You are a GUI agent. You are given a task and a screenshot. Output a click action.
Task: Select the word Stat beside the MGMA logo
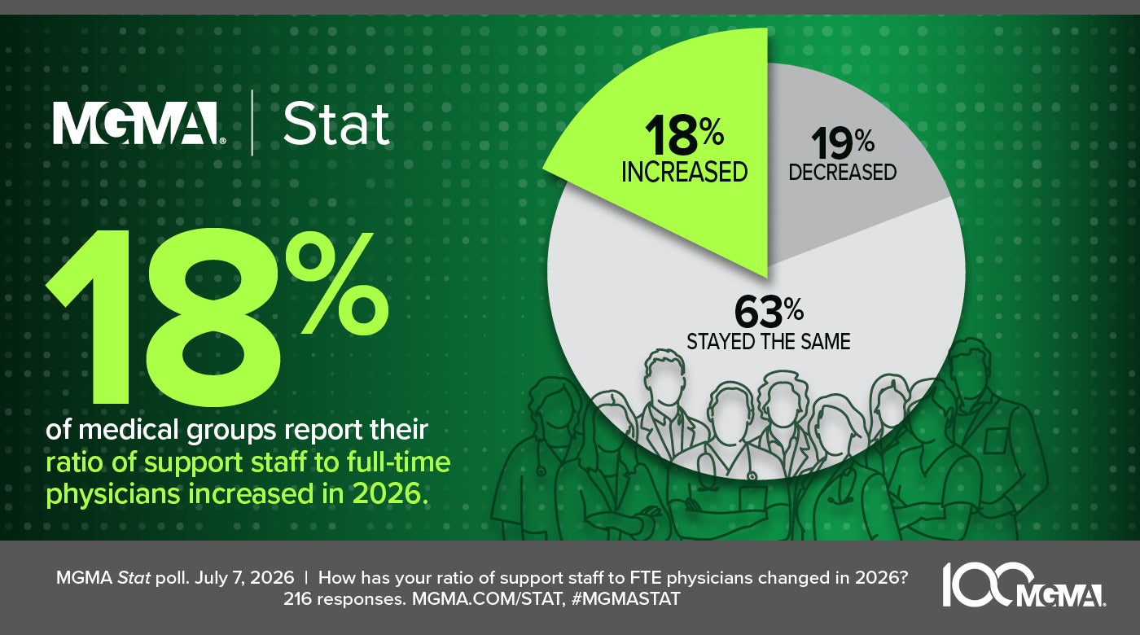click(x=336, y=124)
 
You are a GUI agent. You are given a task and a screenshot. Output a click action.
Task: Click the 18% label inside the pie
click(x=684, y=134)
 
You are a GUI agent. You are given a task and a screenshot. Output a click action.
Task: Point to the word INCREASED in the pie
click(x=685, y=172)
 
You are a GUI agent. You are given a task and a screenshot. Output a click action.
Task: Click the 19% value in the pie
click(x=842, y=143)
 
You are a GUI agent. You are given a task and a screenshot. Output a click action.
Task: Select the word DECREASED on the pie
click(x=842, y=172)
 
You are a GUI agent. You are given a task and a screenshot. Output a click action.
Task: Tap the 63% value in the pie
click(x=769, y=312)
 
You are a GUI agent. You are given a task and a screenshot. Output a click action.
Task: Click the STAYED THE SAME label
click(x=769, y=341)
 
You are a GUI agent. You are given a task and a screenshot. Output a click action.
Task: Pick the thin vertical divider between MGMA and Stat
click(x=252, y=123)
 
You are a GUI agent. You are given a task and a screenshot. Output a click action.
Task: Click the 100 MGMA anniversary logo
click(x=1024, y=585)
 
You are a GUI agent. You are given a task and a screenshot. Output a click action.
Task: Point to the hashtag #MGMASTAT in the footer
click(x=625, y=599)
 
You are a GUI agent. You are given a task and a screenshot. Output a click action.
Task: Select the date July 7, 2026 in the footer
click(x=244, y=578)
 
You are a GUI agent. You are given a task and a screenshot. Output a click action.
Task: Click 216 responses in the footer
click(x=344, y=599)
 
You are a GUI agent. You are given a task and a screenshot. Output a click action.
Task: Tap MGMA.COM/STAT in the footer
click(x=489, y=599)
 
